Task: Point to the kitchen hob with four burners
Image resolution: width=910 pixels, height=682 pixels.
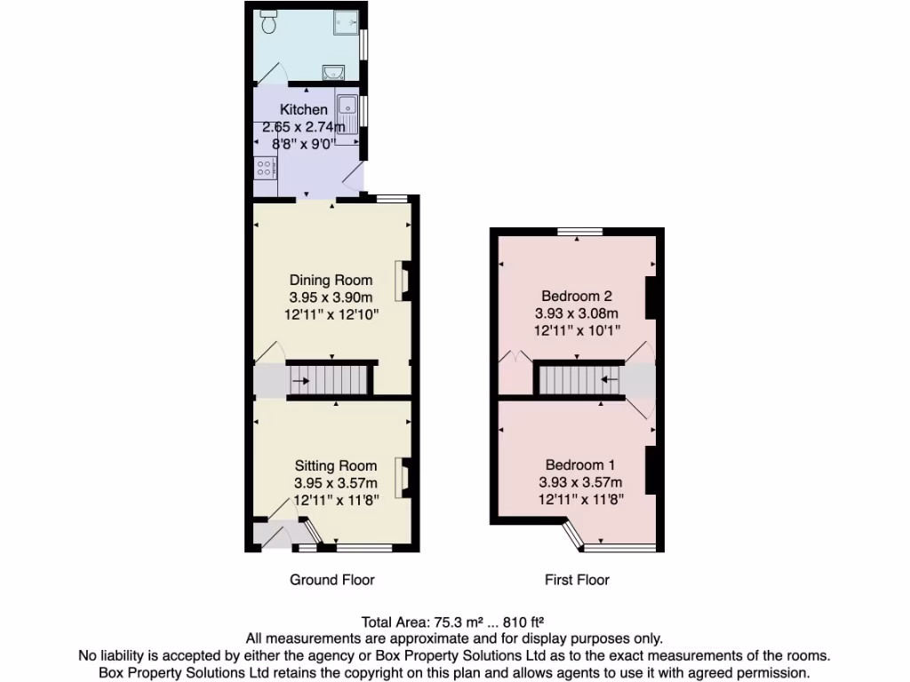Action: (264, 167)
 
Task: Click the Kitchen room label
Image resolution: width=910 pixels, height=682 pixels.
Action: (304, 109)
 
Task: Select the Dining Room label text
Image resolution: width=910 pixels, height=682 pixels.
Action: (331, 281)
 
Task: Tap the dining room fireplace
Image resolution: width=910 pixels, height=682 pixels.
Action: (403, 281)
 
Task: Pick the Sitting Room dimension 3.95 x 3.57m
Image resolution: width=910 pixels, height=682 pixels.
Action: (336, 483)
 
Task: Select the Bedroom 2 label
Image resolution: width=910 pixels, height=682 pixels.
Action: (577, 296)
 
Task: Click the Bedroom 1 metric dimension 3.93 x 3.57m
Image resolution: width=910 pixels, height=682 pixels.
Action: (579, 482)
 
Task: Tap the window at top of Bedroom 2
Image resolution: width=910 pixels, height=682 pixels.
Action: (579, 232)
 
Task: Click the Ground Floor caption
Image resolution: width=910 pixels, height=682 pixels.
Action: (332, 580)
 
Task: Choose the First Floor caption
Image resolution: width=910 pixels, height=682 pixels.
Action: (577, 580)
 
